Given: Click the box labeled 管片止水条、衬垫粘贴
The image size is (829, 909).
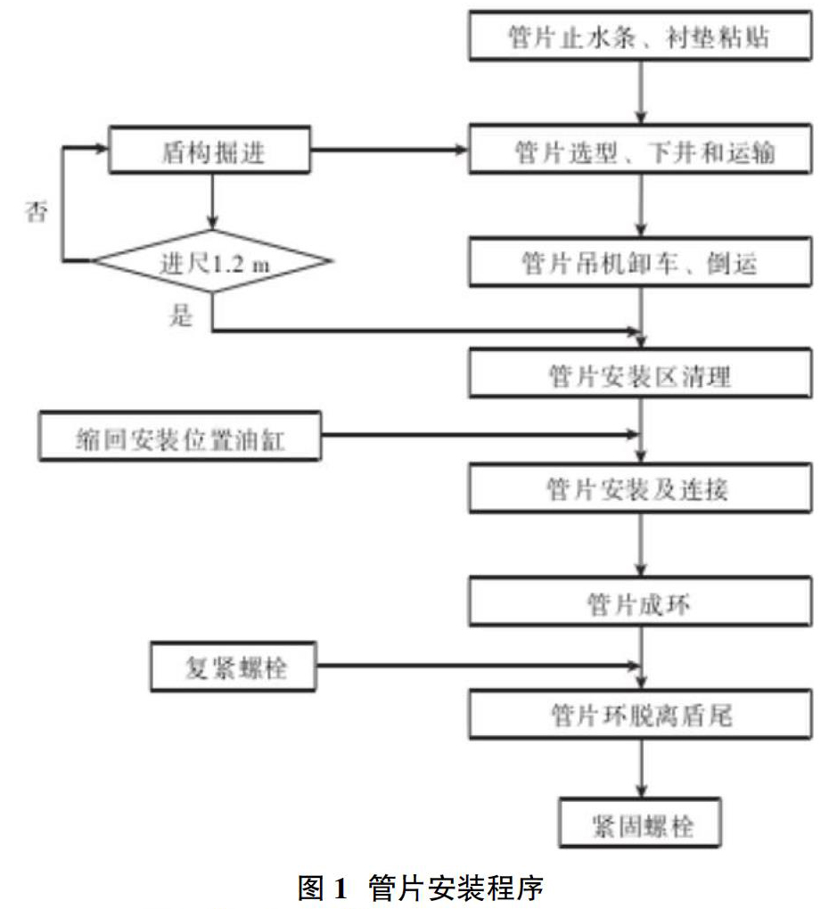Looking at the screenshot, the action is tap(640, 36).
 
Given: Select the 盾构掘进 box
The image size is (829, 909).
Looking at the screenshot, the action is tap(209, 150).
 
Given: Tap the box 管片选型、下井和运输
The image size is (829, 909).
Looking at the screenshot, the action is tap(640, 149).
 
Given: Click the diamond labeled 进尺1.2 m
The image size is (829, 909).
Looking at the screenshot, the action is tap(212, 261).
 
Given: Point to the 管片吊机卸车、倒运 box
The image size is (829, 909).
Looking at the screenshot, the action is tap(640, 261).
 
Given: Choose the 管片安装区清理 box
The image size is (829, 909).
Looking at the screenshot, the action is tap(640, 373).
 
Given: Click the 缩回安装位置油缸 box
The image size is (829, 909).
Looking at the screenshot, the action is tap(180, 436).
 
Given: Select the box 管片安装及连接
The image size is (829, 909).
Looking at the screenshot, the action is tap(640, 488).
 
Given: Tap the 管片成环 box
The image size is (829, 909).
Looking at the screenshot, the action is tap(640, 602).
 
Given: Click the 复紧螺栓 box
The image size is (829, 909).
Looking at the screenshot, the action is tap(233, 667).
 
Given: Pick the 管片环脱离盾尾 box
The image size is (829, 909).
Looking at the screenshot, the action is tap(640, 714).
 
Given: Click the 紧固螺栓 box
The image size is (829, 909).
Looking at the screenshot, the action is tap(640, 823).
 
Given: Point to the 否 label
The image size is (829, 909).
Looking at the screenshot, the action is tap(37, 211).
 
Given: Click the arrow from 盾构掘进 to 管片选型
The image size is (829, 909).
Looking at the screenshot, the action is tap(389, 150).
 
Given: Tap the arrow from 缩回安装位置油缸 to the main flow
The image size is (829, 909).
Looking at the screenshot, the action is tap(480, 434).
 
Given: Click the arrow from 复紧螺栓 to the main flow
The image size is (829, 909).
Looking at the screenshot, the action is tap(479, 666).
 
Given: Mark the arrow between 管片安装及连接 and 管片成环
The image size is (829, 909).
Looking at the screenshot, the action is tap(641, 545).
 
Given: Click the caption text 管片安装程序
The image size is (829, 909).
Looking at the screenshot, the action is tap(456, 888).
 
